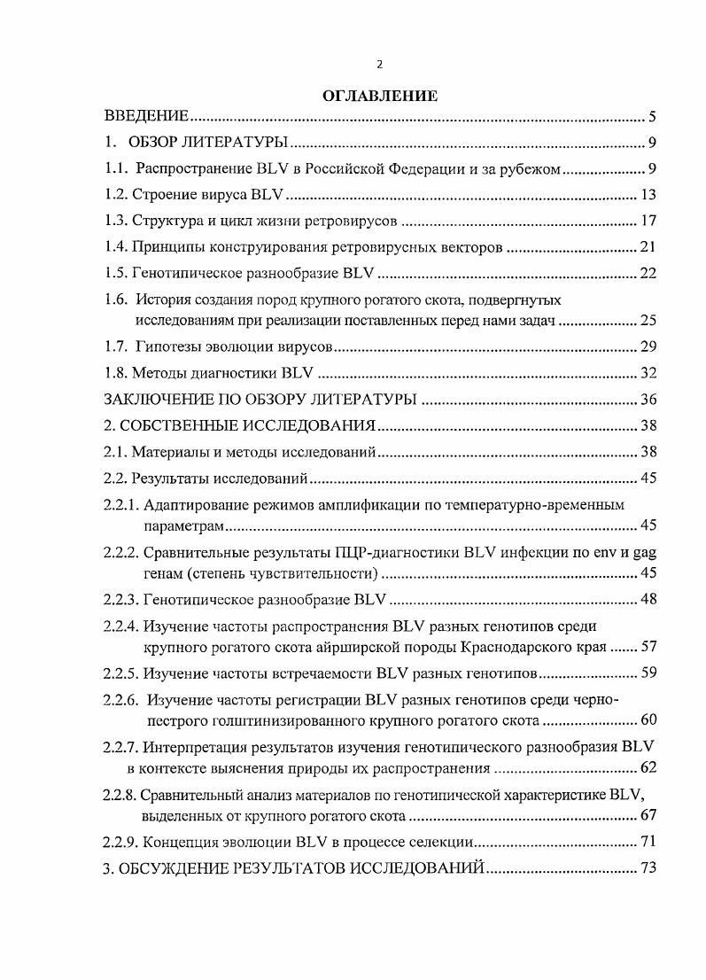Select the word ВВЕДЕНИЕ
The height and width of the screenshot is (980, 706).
coord(146,117)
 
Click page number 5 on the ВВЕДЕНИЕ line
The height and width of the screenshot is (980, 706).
coord(651,117)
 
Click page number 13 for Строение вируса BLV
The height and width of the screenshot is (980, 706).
coord(647,196)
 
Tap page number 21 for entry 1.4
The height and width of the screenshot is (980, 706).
coord(647,247)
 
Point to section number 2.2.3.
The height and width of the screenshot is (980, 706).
coord(120,600)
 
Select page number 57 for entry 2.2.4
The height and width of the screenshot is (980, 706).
coord(647,645)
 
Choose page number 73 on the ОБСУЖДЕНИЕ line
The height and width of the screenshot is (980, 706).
coord(647,868)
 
